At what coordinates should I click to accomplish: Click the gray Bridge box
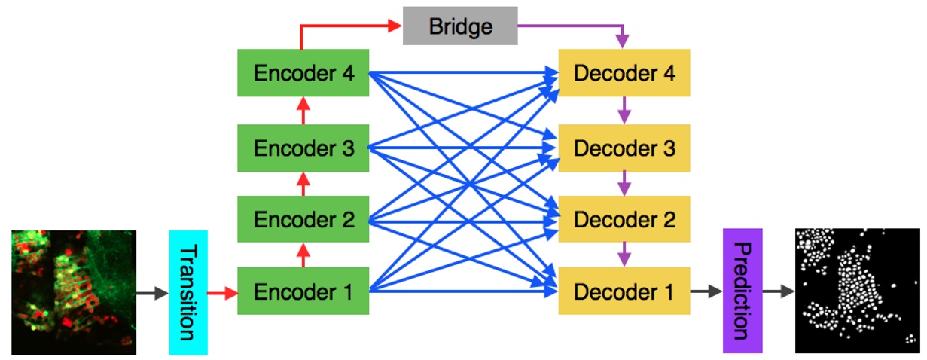tap(460, 26)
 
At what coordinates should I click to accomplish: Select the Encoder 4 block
tap(303, 73)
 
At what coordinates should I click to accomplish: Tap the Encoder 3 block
tap(303, 148)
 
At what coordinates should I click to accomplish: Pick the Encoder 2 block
tap(303, 220)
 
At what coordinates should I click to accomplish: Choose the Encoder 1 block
tap(303, 291)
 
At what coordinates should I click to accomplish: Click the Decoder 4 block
tap(624, 73)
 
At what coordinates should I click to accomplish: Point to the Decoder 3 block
tap(624, 148)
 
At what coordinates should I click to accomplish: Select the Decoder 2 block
tap(624, 220)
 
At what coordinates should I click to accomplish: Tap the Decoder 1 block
tap(624, 291)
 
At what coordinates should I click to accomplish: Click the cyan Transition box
tap(188, 292)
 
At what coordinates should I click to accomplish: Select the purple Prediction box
tap(743, 291)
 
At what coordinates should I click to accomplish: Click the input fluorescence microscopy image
tap(74, 292)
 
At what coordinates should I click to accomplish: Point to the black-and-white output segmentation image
tap(856, 291)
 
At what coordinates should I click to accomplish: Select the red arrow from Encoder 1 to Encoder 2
tap(303, 255)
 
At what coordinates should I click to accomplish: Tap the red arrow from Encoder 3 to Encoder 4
tap(303, 110)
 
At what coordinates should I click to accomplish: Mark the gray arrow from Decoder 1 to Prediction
tap(706, 291)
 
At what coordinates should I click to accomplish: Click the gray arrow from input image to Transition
tap(152, 292)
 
